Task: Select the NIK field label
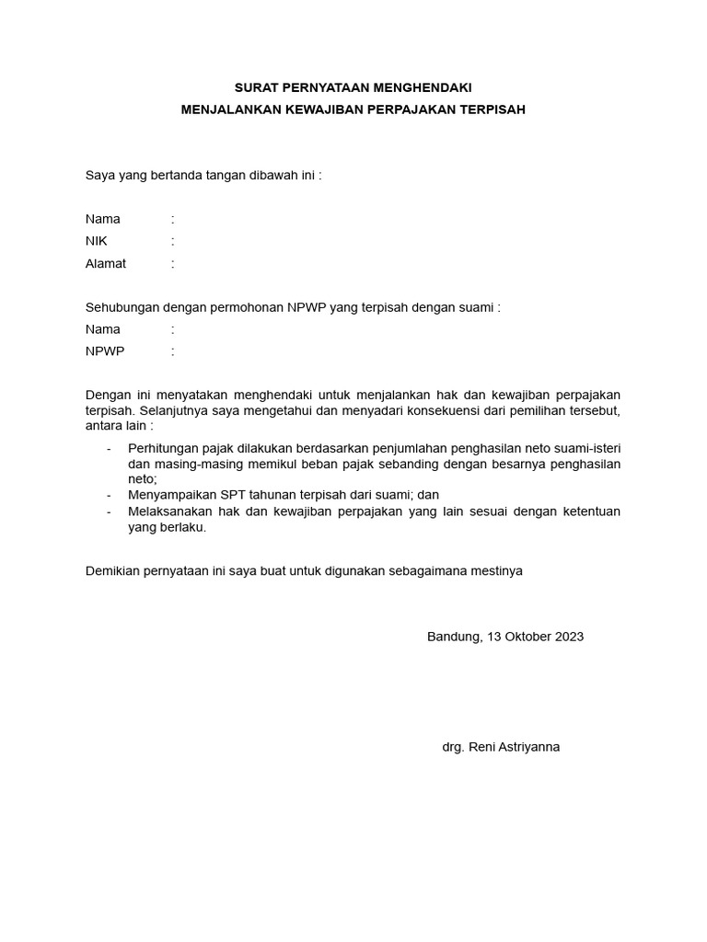point(96,241)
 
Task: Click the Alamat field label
point(106,263)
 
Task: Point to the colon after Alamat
point(172,263)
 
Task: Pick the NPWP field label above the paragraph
point(105,351)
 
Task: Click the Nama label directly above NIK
point(103,219)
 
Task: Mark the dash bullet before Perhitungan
point(110,448)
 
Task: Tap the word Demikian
point(113,570)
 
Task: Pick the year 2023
point(569,637)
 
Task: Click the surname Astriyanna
point(529,747)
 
